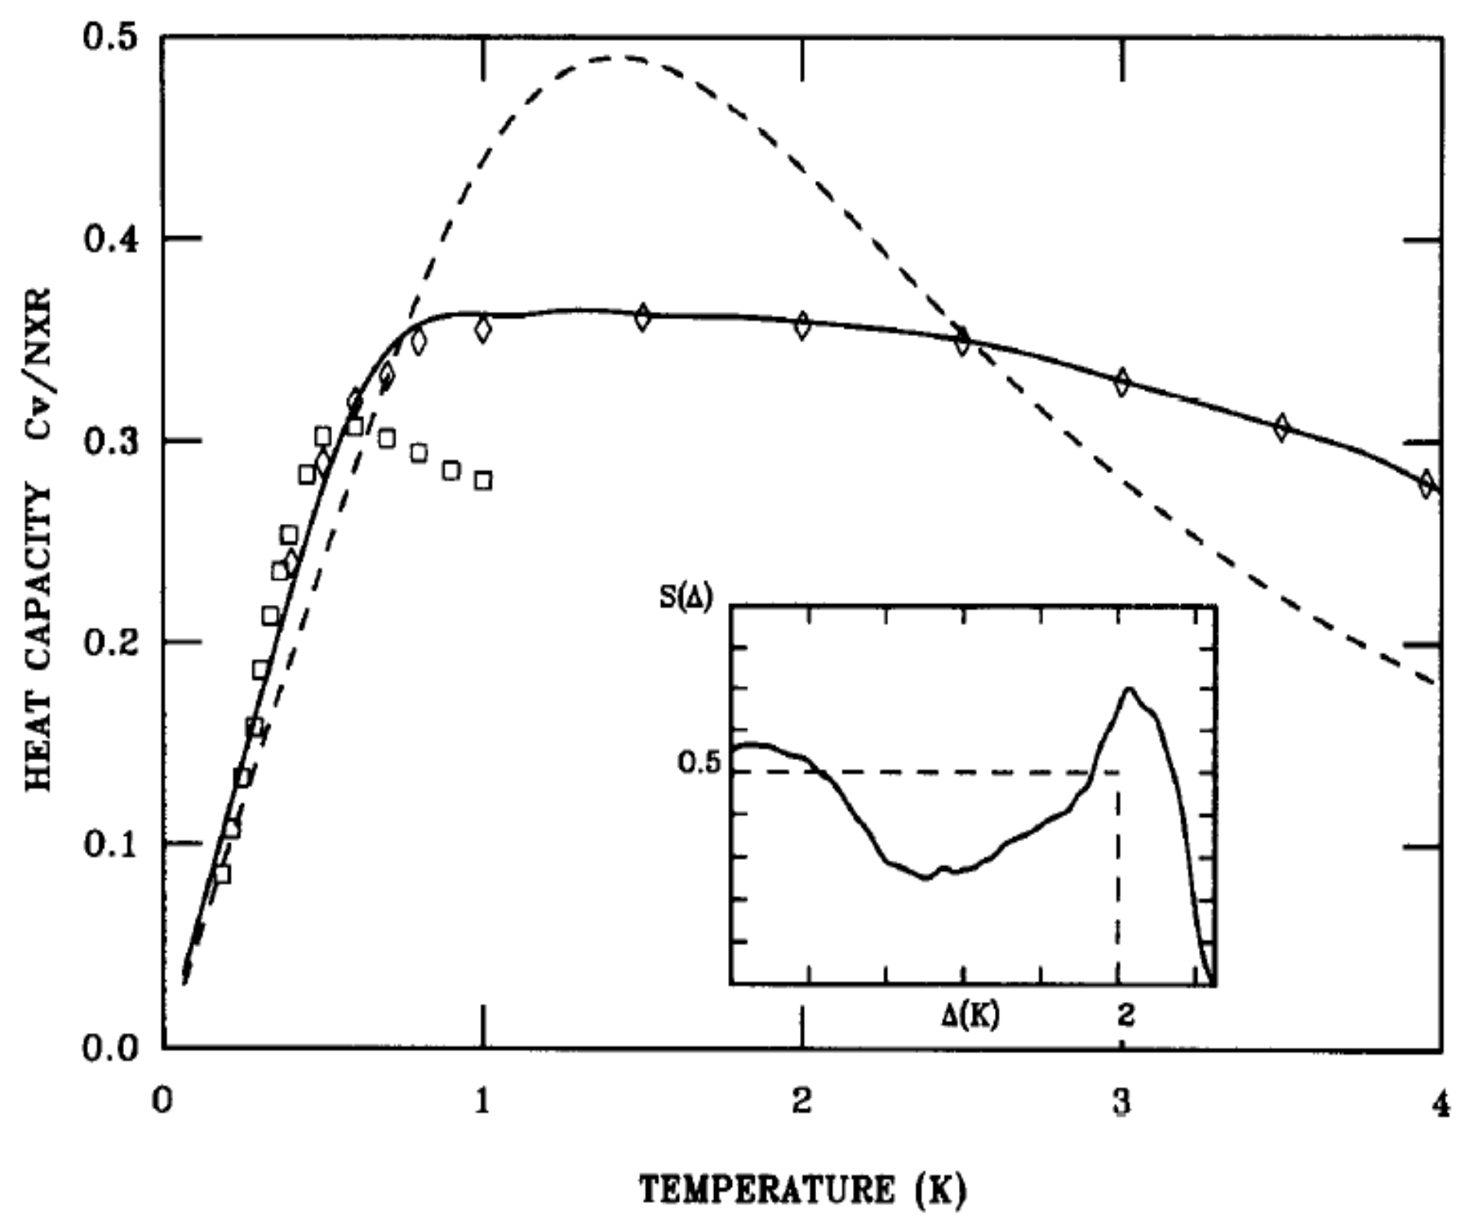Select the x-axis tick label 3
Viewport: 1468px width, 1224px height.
click(x=1121, y=1103)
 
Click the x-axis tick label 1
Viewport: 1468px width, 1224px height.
click(x=483, y=1103)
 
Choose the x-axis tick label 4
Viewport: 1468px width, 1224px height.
click(x=1439, y=1103)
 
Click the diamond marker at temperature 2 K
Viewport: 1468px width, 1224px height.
click(x=802, y=324)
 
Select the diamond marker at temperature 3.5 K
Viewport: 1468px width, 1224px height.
click(x=1282, y=427)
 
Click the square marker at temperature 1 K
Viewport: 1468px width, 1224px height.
click(x=483, y=480)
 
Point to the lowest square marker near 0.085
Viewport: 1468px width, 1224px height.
click(x=222, y=875)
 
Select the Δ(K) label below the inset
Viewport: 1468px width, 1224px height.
click(x=969, y=1014)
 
